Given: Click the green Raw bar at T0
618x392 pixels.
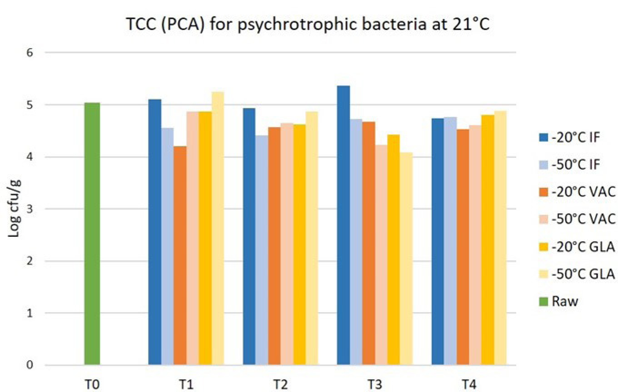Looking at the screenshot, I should [x=92, y=234].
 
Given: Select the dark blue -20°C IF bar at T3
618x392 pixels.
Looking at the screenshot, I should [x=344, y=225].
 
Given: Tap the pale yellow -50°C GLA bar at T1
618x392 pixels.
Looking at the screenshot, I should [x=218, y=228].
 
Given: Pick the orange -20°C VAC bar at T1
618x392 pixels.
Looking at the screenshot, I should [x=180, y=255].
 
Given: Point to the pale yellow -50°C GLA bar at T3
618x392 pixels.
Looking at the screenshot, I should [x=406, y=259].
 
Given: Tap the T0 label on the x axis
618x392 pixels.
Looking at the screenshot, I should [x=92, y=384].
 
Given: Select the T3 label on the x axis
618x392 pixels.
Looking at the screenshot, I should [x=375, y=384].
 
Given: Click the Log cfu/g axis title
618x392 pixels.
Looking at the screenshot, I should [x=14, y=209].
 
